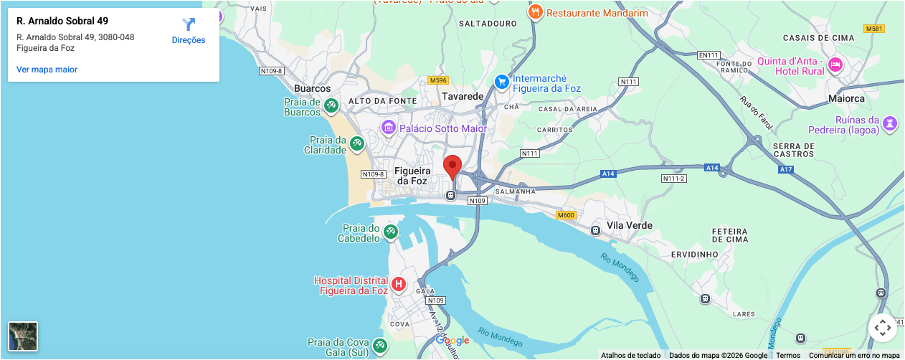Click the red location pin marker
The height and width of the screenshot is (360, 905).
coord(452,166)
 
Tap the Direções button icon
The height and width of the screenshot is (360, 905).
coord(189,24)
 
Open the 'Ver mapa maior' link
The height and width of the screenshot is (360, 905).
coord(47,70)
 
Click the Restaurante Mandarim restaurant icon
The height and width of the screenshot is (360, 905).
coord(535,12)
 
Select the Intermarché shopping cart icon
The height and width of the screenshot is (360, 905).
coord(502,82)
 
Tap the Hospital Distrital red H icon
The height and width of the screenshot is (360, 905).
coord(399,285)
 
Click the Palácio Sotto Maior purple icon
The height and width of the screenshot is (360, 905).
coord(389,128)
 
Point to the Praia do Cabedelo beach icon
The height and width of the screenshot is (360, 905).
coord(390,232)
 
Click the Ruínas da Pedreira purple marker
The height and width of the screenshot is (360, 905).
coord(890,123)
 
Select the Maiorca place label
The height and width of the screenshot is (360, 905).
coord(846,98)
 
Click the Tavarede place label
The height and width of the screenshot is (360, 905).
coord(463,96)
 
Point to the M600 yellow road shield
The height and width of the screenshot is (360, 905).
coord(566,214)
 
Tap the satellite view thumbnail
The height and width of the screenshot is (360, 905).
coord(23,336)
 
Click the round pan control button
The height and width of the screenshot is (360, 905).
coord(882,328)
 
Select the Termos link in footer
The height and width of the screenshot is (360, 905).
coord(787,355)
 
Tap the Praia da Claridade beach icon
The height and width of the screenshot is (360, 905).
coord(356,145)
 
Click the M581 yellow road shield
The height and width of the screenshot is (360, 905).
coord(873,29)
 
